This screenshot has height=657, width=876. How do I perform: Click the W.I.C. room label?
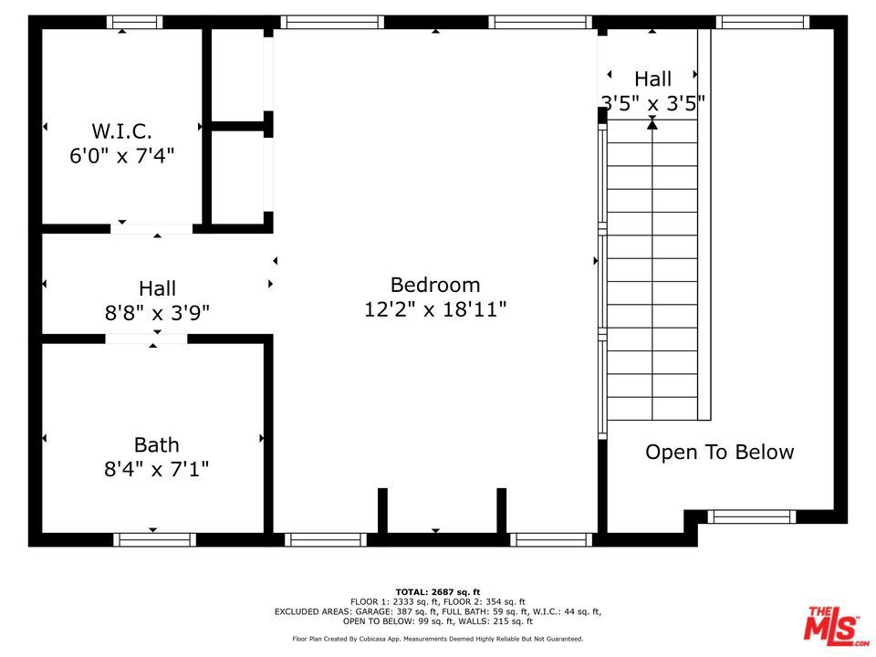(121, 130)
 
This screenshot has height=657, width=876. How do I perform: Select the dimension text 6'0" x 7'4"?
(121, 156)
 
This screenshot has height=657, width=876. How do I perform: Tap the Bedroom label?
(434, 284)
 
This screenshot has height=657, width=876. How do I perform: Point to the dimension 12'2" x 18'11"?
(434, 310)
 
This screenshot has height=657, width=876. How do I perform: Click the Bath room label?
(156, 445)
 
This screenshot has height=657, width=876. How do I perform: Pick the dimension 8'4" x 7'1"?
(156, 470)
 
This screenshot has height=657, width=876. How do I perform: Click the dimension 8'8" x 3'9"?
(157, 313)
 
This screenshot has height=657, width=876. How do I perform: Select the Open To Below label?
(719, 452)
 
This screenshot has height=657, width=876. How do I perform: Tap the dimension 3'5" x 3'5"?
(652, 104)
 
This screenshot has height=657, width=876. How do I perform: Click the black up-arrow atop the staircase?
(652, 124)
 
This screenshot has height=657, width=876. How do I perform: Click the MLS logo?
(833, 625)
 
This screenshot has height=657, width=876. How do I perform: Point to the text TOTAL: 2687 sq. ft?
(437, 592)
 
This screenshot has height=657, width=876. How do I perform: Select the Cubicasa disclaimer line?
(437, 639)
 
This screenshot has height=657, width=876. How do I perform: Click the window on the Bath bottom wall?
(154, 539)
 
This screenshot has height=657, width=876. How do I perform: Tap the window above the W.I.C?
(134, 22)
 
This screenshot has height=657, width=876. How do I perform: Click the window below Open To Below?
(752, 516)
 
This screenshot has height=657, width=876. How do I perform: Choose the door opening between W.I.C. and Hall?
(151, 228)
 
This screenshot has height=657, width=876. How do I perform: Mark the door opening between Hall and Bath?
(146, 339)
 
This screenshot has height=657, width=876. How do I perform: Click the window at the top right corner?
(762, 22)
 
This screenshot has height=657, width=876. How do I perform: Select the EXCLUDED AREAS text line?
(437, 611)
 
